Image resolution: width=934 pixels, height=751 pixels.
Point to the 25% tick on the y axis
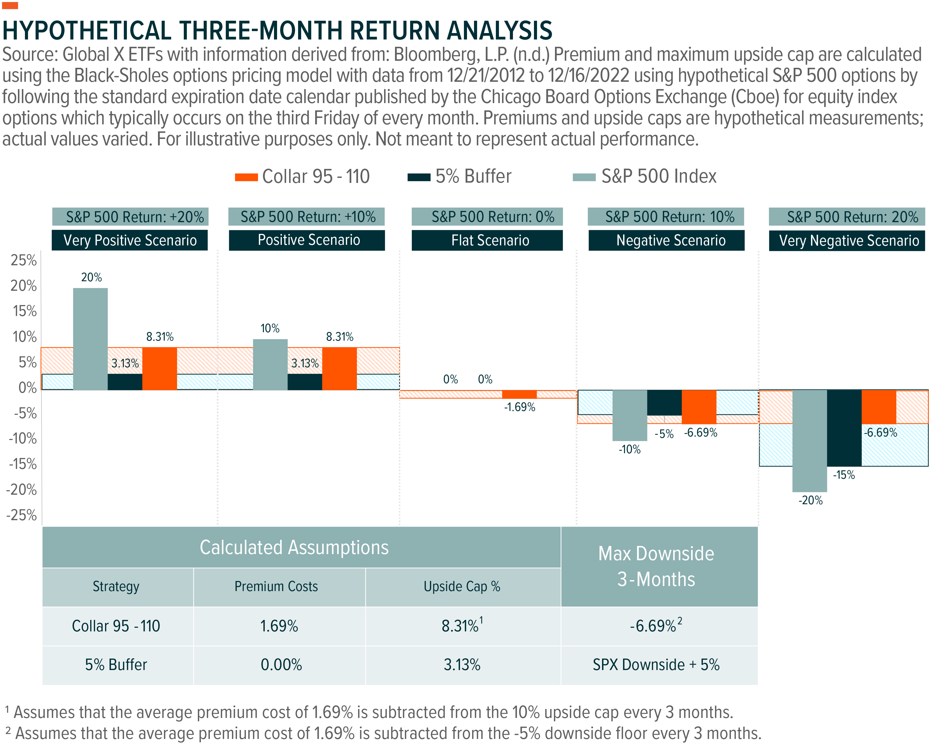24,260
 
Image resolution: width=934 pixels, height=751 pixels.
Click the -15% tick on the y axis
22,464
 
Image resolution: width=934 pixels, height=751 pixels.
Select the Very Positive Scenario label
130,240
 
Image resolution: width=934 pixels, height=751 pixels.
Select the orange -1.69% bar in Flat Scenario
519,394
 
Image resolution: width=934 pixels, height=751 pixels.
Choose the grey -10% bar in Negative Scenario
629,415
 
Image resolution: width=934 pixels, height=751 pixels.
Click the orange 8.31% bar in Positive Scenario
339,369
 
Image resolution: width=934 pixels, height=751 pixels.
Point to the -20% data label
810,501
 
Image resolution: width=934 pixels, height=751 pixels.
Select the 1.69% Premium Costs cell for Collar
279,626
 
